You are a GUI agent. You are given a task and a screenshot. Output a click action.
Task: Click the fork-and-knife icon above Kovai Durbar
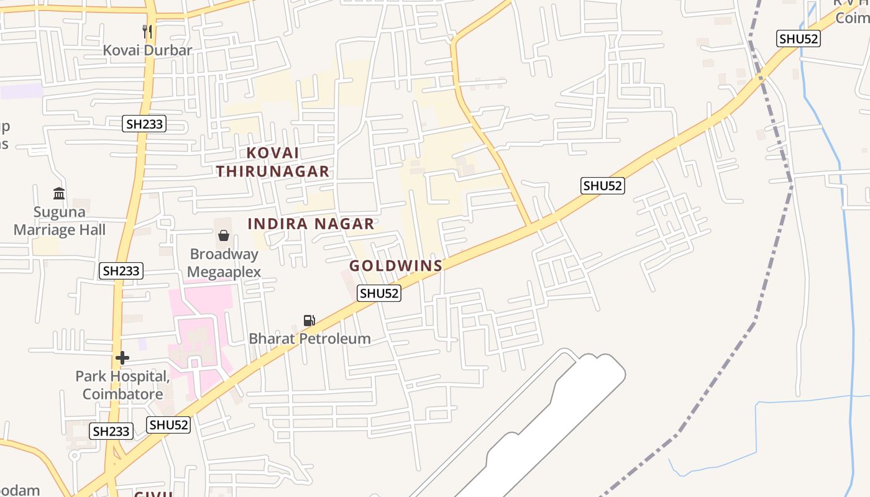point(147,31)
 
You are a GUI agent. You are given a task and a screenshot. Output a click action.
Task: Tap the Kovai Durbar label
point(147,50)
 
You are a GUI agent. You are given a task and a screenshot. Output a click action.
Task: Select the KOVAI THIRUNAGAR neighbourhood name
point(273,162)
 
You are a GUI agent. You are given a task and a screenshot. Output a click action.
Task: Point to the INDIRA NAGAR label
point(311,224)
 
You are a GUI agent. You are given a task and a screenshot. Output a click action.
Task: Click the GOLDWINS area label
point(396,266)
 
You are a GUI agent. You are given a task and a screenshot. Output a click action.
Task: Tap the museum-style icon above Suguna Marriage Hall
point(59,193)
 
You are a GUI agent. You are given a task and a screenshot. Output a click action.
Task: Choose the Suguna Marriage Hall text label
point(60,221)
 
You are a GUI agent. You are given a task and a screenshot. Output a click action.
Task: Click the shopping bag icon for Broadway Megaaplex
point(224,235)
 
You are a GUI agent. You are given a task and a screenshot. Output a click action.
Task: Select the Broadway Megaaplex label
point(224,263)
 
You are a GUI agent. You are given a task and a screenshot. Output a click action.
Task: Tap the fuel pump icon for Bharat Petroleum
point(309,320)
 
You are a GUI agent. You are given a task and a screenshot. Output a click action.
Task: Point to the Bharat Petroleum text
point(309,339)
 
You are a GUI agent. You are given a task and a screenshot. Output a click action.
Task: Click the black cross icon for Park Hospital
point(122,357)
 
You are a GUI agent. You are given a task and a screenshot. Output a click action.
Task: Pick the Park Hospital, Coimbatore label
point(122,385)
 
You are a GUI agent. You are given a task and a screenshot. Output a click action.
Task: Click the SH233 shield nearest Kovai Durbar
point(144,124)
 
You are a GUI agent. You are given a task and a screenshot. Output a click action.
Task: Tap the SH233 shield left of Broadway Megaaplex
point(121,271)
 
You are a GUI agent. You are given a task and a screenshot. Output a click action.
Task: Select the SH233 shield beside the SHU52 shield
point(111,431)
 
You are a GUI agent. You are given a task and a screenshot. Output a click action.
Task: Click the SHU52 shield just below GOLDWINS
point(379,293)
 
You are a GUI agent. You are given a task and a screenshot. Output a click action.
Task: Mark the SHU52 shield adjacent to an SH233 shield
point(168,425)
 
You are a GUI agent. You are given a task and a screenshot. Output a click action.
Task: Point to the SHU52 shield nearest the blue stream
point(799,39)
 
